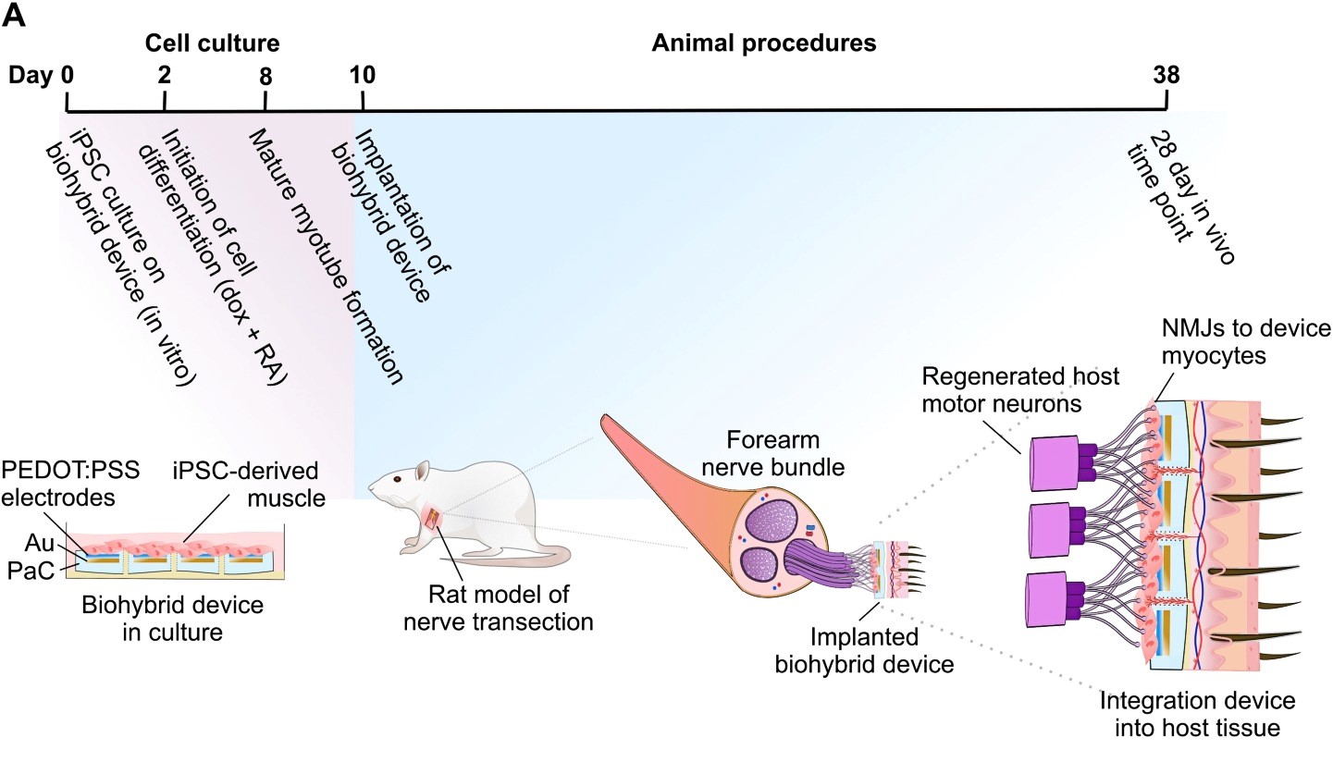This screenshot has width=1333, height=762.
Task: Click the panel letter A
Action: point(14,16)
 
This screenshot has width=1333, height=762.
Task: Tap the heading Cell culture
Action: point(213,43)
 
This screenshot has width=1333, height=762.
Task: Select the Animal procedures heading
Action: point(764,43)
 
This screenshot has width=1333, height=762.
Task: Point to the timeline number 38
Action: point(1166,75)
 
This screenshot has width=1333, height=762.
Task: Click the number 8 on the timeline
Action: point(265,76)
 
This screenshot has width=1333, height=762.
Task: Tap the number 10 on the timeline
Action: point(363,75)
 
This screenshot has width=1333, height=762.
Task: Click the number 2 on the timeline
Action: point(165,75)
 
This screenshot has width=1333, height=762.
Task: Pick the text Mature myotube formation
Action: point(326,257)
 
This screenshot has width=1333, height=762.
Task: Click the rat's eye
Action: point(398,478)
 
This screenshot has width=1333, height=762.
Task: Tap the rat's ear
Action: point(423,471)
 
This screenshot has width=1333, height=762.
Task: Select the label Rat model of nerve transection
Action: point(499,608)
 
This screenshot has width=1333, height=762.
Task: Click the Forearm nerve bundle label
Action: point(773,453)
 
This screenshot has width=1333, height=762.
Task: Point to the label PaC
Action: point(31,571)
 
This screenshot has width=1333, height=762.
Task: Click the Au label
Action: point(39,543)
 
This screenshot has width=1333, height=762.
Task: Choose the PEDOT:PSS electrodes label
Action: point(70,484)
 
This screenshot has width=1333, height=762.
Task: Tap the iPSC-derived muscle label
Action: point(249,485)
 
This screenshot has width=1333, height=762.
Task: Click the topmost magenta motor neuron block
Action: point(1055,463)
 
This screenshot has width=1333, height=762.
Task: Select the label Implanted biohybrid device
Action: point(864,650)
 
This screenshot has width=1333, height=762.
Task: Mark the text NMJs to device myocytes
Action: point(1246,341)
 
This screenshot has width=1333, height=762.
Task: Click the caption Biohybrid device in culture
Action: point(173,618)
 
